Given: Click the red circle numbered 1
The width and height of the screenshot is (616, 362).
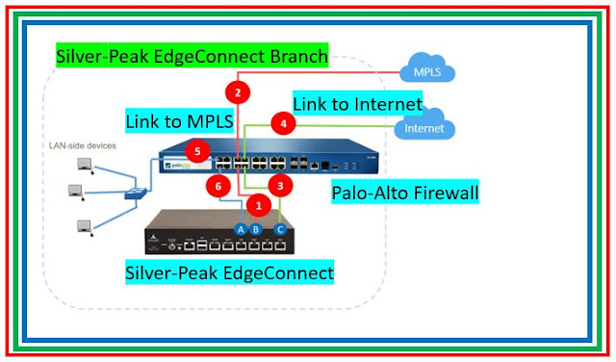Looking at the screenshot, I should coord(256,204).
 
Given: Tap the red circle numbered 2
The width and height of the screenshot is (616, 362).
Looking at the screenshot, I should coord(237,93).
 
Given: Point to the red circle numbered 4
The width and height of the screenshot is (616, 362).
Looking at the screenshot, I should coord(282,124).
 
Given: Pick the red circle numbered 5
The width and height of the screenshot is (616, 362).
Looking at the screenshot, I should coord(197,151).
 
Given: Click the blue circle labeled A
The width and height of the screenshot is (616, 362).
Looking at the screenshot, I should coord(241,229).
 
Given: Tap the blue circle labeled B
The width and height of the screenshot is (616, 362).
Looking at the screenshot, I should coord(256,229).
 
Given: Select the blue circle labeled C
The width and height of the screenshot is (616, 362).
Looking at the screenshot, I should coord(280,229).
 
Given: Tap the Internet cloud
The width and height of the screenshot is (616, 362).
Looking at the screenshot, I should coord(424,126).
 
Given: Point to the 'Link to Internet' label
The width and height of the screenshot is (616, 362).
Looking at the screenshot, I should coord(358,103).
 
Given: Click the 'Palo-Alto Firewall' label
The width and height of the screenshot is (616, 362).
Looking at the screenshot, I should coord(404,193).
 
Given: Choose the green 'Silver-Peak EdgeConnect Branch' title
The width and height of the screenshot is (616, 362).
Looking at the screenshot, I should coord(192,57).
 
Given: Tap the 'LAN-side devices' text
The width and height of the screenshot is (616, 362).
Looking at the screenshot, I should coord(83,146).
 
